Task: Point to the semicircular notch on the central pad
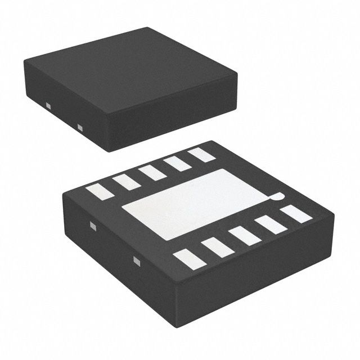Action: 275,196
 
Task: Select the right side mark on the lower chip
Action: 136,260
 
